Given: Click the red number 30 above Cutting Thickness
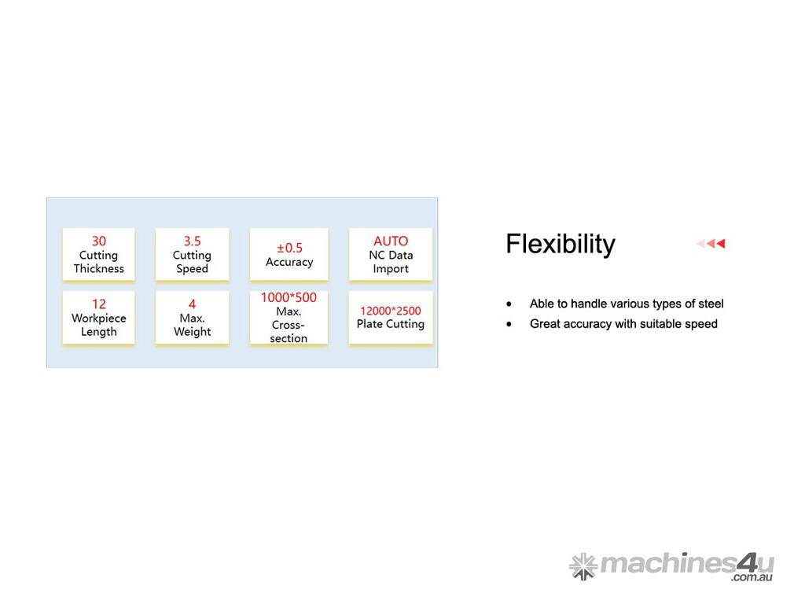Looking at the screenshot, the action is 98,241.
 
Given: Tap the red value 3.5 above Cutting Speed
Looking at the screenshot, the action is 192,241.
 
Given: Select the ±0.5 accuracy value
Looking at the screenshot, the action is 289,248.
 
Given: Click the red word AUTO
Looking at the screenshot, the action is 391,241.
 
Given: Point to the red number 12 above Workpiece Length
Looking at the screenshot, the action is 98,304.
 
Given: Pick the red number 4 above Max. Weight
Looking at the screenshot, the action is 192,304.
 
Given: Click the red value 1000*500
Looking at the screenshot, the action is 289,297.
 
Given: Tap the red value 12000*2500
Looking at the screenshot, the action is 390,311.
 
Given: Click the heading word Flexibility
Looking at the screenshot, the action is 560,244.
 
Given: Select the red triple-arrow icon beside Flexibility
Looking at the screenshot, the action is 711,244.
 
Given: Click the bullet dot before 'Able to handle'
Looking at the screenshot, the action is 509,304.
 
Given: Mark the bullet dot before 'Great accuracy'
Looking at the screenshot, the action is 509,324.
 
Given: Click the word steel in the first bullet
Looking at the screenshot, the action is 711,304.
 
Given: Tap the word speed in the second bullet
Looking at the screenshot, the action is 704,324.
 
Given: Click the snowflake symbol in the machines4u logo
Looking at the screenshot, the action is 583,566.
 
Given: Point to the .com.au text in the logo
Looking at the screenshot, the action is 752,577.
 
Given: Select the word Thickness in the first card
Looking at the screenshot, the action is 98,269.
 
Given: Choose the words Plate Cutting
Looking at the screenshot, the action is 390,324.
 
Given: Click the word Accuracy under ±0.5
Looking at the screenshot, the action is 289,262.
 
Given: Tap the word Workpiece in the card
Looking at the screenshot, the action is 98,318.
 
